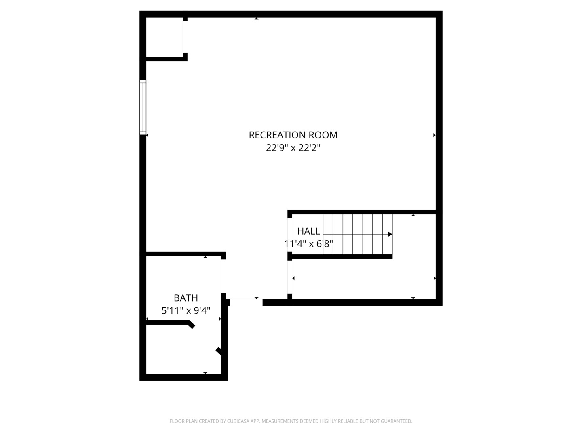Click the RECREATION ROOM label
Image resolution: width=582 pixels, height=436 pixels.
click(293, 135)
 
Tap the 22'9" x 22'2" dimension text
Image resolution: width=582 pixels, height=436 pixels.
click(293, 148)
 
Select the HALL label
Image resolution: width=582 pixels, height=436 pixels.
click(308, 231)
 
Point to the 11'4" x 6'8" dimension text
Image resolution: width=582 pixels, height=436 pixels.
click(308, 244)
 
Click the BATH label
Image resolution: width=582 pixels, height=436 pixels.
click(186, 298)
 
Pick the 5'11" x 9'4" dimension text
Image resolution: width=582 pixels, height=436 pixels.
click(186, 311)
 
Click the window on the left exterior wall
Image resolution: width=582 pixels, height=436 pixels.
click(143, 107)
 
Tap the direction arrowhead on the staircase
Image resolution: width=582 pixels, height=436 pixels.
click(390, 234)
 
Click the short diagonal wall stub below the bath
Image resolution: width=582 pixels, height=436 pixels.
click(219, 351)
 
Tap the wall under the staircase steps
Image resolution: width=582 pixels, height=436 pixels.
click(342, 256)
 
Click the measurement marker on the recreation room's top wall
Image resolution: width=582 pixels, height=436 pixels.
click(256, 19)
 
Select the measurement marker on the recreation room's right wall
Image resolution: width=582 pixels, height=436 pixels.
click(434, 135)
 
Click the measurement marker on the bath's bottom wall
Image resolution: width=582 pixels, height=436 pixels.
click(205, 373)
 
